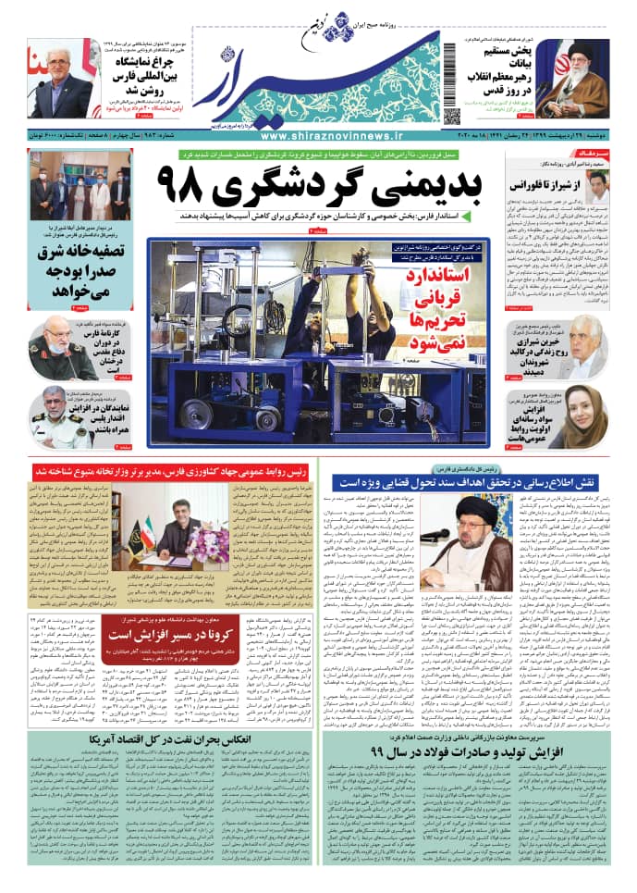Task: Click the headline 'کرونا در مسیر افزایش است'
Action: (x=180, y=637)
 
